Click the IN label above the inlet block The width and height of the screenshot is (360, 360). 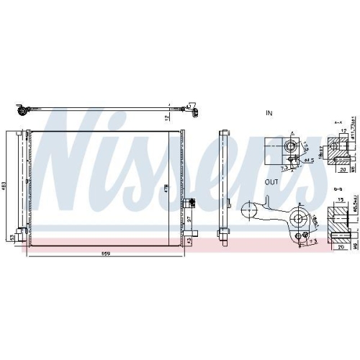point(270,114)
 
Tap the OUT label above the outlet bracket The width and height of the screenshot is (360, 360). point(271,183)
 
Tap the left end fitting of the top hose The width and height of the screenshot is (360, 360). point(22,110)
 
